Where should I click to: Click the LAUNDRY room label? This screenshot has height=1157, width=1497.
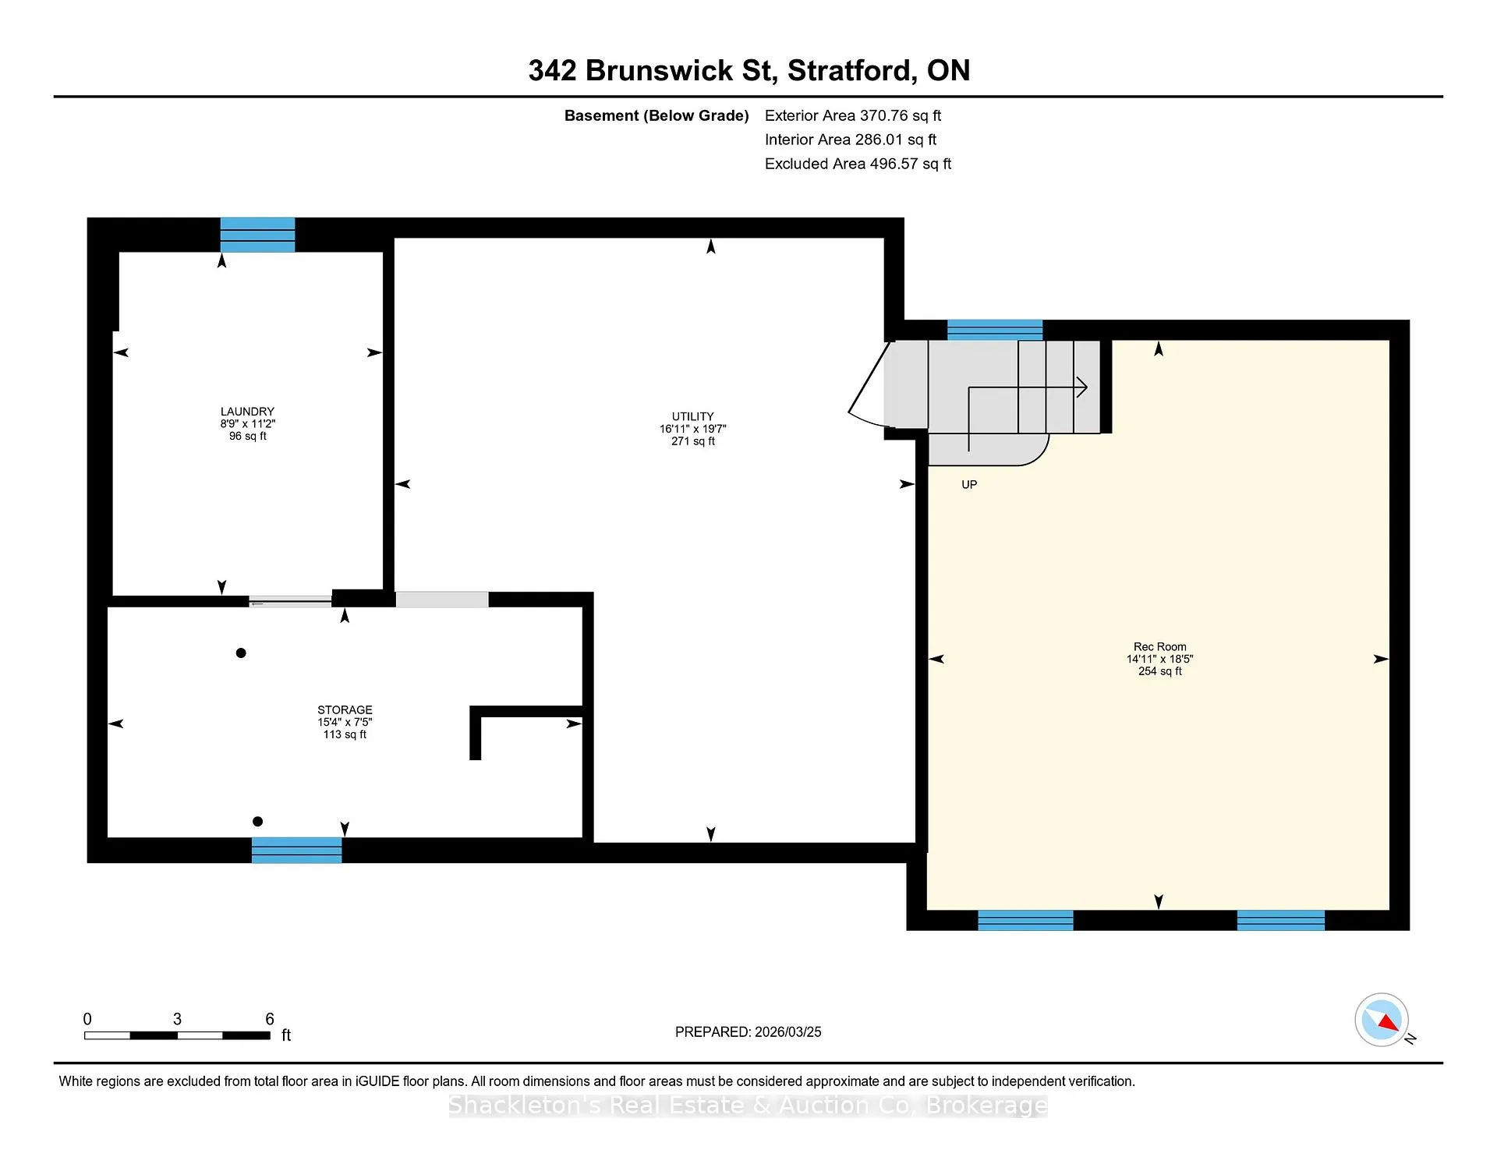[x=247, y=412]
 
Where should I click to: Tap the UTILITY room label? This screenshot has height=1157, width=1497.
[x=693, y=417]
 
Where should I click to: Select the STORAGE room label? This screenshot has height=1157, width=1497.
[x=345, y=710]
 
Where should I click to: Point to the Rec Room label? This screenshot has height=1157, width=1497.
[x=1160, y=647]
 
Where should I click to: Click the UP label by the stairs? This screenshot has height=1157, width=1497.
[x=969, y=485]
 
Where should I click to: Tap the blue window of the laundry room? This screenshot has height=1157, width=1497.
[x=257, y=235]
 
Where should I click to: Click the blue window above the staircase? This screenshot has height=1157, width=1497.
[x=995, y=330]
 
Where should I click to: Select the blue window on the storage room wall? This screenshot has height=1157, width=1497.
[x=296, y=850]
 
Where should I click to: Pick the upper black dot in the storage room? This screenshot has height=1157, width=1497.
[x=241, y=653]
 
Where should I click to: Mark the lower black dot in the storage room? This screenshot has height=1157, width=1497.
[x=257, y=822]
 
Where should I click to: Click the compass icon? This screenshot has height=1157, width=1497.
[x=1382, y=1020]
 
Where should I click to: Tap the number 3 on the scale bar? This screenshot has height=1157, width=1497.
[x=177, y=1019]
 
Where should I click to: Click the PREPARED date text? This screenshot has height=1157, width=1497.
[x=748, y=1032]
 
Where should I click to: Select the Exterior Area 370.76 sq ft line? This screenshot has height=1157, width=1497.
[x=853, y=116]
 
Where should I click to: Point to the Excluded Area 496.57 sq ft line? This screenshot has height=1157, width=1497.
[x=858, y=165]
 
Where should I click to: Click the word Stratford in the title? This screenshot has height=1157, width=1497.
[x=851, y=71]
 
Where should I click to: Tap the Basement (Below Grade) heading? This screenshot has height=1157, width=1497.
[x=656, y=116]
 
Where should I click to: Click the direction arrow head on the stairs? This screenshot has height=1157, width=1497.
[x=1082, y=387]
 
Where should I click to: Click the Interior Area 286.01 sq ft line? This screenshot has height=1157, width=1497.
[x=851, y=140]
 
